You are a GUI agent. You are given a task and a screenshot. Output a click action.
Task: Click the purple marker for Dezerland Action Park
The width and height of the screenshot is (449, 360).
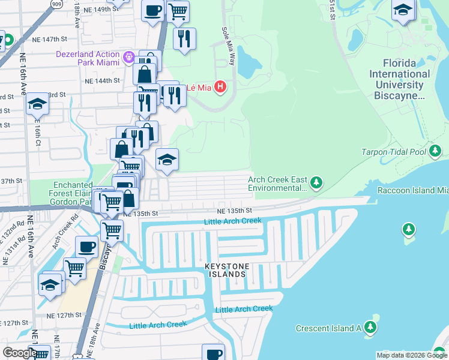tap(128, 58)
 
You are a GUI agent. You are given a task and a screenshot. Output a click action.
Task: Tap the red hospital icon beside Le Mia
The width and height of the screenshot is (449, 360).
tap(220, 88)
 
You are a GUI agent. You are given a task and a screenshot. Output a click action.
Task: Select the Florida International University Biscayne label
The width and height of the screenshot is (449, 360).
tap(402, 79)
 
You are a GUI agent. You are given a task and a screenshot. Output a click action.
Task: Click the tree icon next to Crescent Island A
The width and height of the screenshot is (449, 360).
tap(371, 327)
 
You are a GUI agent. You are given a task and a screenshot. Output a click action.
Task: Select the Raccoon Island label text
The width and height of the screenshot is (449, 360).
tap(412, 190)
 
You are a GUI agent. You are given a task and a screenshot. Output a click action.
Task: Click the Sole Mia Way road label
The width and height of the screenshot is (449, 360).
tap(228, 46)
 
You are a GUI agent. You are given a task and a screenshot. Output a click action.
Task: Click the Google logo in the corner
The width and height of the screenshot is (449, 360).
tap(19, 352)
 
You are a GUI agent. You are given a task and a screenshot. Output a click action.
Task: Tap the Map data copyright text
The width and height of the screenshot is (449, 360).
tap(412, 355)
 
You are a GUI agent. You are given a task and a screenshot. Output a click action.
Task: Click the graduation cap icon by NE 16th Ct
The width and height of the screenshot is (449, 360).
tap(37, 104)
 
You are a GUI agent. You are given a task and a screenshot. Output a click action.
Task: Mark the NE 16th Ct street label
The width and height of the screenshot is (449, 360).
tap(37, 134)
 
